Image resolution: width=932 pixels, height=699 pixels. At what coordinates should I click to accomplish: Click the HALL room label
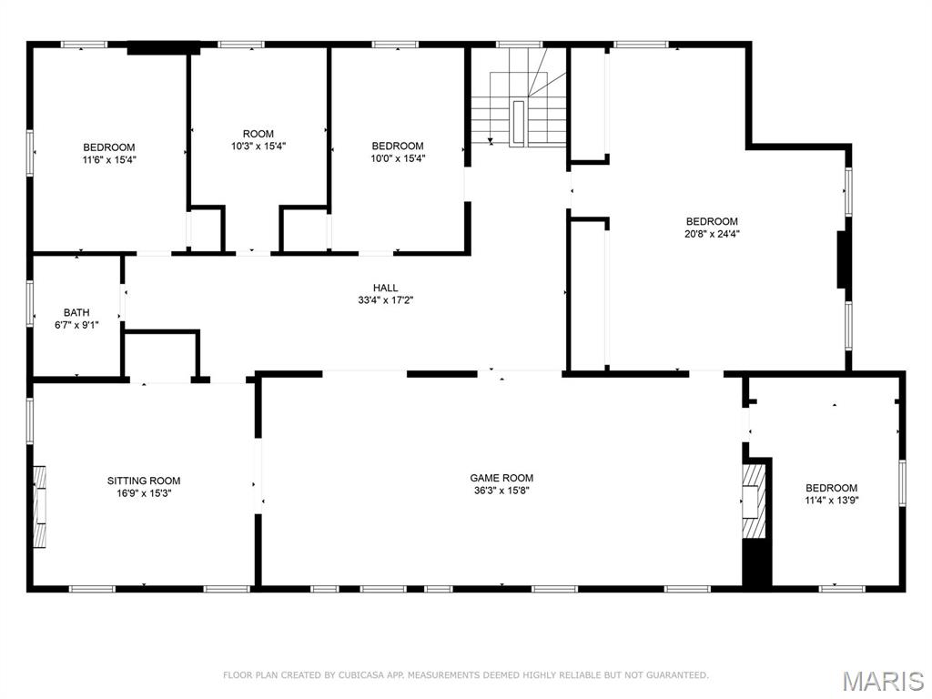click(385, 288)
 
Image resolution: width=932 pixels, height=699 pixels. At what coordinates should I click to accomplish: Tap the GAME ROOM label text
click(501, 478)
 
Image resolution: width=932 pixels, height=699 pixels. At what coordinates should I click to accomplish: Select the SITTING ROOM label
click(144, 481)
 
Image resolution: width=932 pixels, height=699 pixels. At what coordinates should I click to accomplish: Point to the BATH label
click(76, 312)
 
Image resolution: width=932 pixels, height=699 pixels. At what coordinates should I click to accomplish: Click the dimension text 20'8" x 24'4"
click(712, 233)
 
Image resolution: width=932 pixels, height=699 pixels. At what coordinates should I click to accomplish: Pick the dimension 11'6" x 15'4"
click(109, 158)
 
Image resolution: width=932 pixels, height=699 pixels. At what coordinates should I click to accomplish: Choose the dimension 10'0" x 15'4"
click(398, 157)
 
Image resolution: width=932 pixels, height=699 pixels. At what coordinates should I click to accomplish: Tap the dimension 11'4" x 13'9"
click(831, 500)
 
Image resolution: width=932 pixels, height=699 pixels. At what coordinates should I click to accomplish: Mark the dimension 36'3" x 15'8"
click(501, 490)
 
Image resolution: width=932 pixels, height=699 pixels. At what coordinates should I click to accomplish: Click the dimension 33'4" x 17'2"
click(385, 299)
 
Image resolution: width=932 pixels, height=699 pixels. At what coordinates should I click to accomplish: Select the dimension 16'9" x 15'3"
click(144, 492)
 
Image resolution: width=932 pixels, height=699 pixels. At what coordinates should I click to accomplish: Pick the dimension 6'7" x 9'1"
click(76, 324)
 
